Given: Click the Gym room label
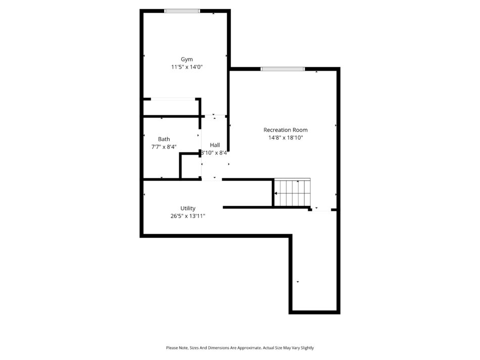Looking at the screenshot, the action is (x=187, y=60).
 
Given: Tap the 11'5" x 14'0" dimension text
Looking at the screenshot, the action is (x=187, y=67).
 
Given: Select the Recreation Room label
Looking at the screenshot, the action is (x=285, y=130).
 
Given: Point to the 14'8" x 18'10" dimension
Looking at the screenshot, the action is (x=285, y=138).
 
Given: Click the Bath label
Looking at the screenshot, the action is (x=164, y=139).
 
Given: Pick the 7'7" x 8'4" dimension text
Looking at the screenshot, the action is (x=164, y=147).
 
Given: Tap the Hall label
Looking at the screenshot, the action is (x=215, y=145).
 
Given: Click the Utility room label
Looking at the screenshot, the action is (x=187, y=209).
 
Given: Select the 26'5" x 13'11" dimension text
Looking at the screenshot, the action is (x=187, y=216).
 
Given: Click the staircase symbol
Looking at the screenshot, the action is (x=293, y=193).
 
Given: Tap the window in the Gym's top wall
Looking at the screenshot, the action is (x=182, y=11).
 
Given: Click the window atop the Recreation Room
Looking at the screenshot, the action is (x=283, y=69).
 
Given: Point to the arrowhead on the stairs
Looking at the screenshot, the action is (x=275, y=193).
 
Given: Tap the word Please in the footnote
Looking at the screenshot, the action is (x=171, y=348).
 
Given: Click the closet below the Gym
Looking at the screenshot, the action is (x=171, y=108).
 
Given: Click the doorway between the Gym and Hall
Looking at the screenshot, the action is (x=215, y=116).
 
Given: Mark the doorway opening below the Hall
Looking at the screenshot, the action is (x=212, y=179).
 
